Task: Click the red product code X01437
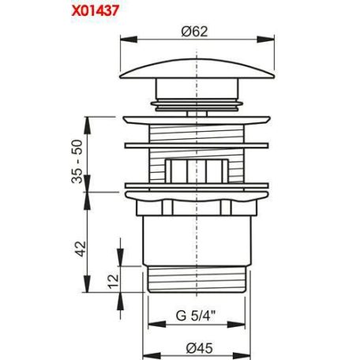click(96, 11)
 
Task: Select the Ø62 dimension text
click(194, 32)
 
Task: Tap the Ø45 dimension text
click(199, 348)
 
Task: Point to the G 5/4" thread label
click(196, 316)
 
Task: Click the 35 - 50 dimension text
click(77, 161)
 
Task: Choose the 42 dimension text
click(81, 249)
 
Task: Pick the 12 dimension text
click(114, 282)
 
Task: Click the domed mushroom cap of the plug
click(197, 69)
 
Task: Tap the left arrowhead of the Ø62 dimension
click(129, 39)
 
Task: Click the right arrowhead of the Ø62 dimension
click(265, 39)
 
